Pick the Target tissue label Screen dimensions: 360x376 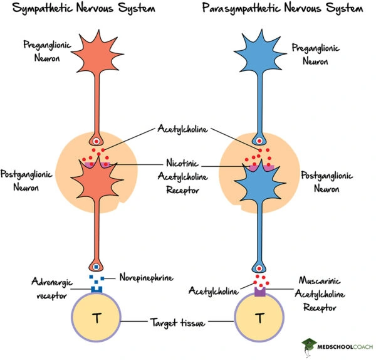pyautogui.click(x=177, y=322)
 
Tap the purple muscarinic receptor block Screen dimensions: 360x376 pyautogui.click(x=259, y=291)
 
